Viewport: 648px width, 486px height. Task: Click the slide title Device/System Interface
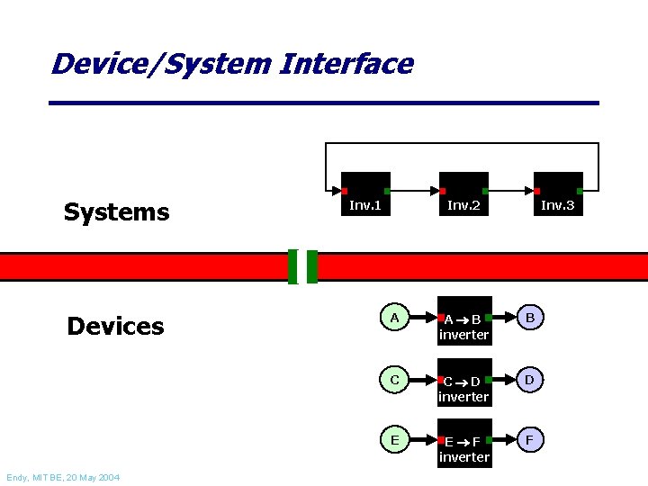click(232, 65)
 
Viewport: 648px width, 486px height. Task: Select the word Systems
click(116, 212)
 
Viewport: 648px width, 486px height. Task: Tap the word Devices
click(115, 326)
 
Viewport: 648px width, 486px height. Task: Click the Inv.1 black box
click(365, 194)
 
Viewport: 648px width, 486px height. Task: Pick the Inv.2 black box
click(463, 194)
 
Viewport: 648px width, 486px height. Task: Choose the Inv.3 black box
click(558, 194)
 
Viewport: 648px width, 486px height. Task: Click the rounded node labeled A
click(394, 318)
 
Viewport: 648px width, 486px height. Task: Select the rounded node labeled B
click(530, 318)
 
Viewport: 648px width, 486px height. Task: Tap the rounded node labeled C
click(394, 380)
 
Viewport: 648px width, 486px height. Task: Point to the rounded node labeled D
click(530, 380)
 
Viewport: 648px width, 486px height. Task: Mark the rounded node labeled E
click(394, 440)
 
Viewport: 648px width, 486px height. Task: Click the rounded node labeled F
click(530, 440)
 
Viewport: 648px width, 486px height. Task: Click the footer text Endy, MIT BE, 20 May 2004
click(62, 477)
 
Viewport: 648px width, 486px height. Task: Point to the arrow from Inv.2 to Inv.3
click(511, 192)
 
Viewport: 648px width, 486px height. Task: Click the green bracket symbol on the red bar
click(302, 266)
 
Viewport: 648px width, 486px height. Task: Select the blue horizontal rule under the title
click(324, 103)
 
